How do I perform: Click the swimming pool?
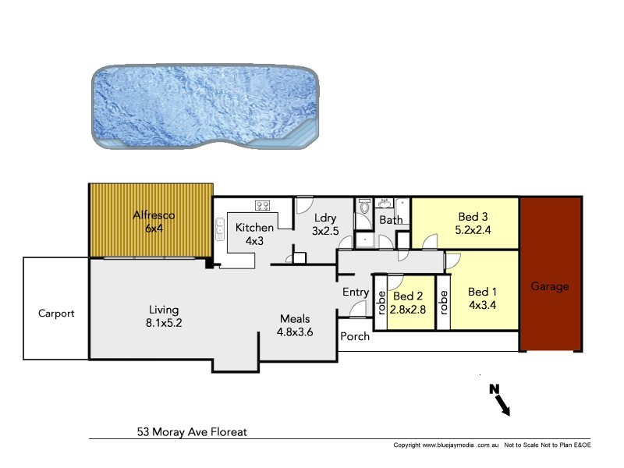(x=206, y=108)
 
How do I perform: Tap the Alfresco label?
(x=153, y=214)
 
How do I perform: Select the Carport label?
(x=57, y=314)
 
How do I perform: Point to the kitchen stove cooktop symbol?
(x=263, y=207)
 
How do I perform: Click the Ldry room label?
(x=324, y=218)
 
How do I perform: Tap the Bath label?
(x=391, y=221)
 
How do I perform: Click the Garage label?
(x=550, y=286)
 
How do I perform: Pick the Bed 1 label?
(x=483, y=292)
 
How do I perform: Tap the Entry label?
(x=356, y=292)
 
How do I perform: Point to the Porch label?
(x=355, y=337)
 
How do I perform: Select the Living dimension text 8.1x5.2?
(x=161, y=321)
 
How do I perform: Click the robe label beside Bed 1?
(x=444, y=303)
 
